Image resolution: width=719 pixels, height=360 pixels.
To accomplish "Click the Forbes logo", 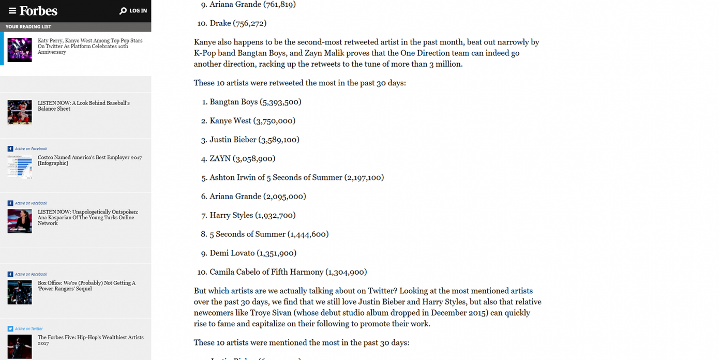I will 38,11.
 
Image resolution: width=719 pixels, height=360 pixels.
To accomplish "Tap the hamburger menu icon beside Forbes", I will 12,11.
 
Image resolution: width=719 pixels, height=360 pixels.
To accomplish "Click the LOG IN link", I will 138,11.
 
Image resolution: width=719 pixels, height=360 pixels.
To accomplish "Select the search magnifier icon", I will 123,11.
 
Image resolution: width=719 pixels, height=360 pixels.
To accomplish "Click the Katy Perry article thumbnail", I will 20,50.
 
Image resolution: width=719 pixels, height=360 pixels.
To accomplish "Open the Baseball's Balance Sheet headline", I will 84,106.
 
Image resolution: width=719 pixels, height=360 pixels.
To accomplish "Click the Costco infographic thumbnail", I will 20,167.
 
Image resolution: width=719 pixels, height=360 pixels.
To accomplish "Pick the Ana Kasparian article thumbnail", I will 20,221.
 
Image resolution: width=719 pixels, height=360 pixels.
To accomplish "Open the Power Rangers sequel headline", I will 86,286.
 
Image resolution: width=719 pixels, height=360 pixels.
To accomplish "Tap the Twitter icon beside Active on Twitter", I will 10,329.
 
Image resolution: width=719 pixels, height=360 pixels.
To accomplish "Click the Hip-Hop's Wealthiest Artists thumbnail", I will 20,347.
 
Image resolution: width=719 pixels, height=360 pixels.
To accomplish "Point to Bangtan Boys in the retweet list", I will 233,102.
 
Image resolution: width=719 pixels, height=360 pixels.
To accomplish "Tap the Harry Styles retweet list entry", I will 252,215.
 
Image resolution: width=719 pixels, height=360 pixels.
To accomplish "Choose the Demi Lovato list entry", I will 252,253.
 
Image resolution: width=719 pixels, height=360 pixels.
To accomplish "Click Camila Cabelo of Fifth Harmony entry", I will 288,272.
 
